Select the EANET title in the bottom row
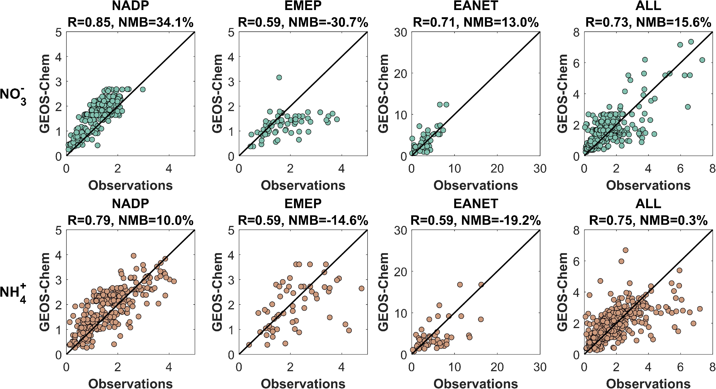pyautogui.click(x=476, y=204)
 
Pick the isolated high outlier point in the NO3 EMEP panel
pyautogui.click(x=279, y=77)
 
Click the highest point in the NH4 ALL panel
pyautogui.click(x=625, y=250)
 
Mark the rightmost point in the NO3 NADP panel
pyautogui.click(x=143, y=89)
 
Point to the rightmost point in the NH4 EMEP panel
pyautogui.click(x=361, y=289)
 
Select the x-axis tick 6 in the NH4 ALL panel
pyautogui.click(x=680, y=367)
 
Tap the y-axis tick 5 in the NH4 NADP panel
pyautogui.click(x=58, y=230)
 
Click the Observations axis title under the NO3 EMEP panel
pyautogui.click(x=303, y=185)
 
